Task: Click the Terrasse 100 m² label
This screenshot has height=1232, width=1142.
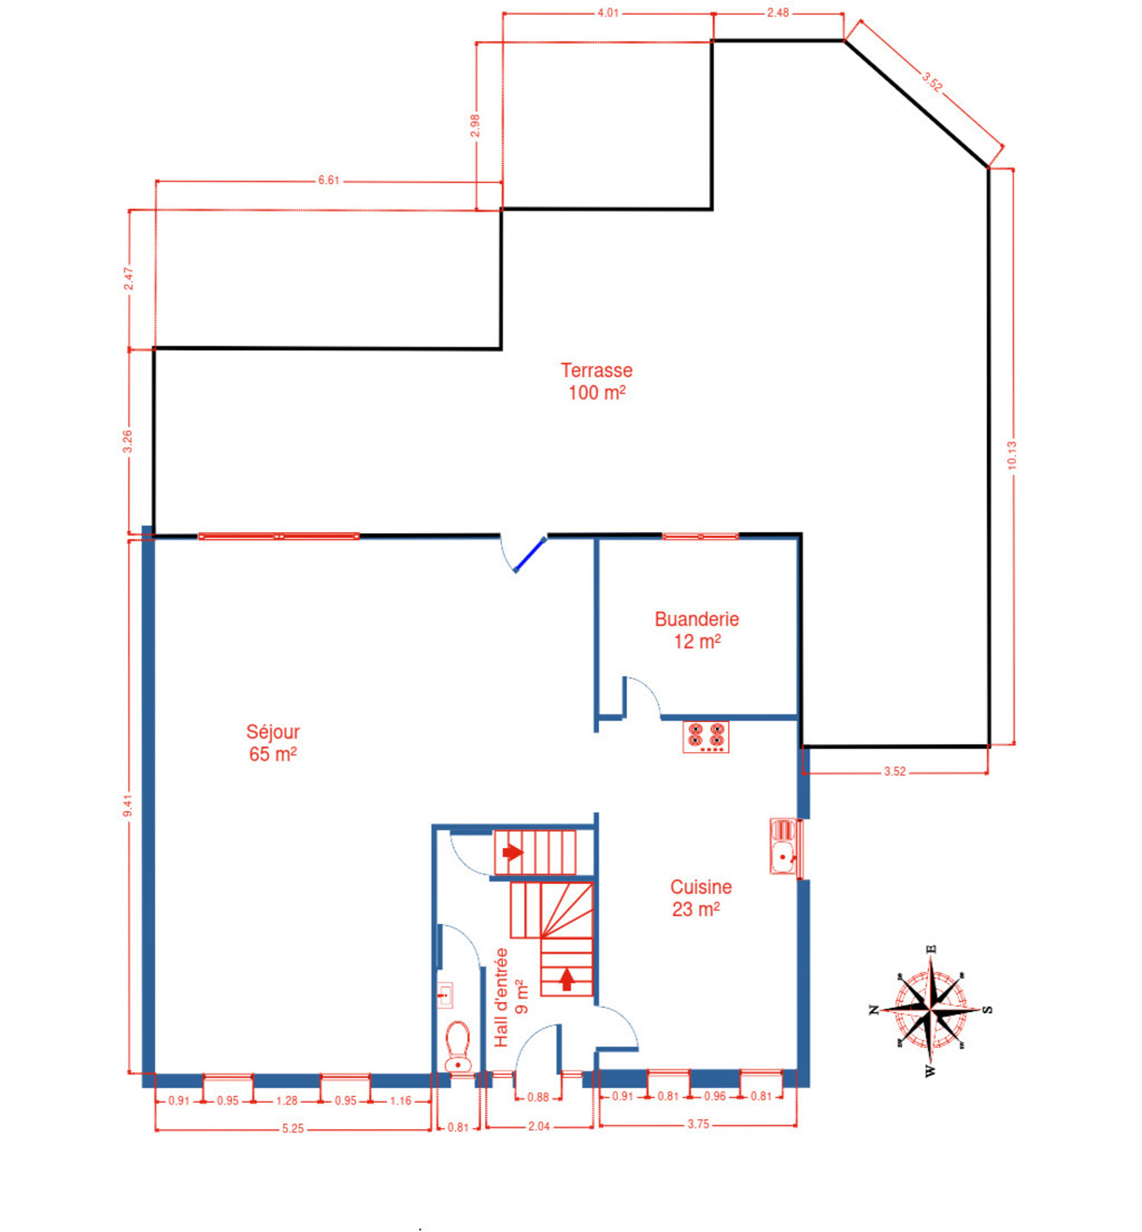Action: [596, 382]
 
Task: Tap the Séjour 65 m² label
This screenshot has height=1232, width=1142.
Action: [273, 743]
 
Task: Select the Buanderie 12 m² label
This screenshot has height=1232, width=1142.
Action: [696, 630]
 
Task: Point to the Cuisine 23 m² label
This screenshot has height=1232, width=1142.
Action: [701, 897]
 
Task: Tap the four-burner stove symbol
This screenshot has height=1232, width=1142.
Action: [705, 737]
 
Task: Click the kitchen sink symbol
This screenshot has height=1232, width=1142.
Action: [784, 846]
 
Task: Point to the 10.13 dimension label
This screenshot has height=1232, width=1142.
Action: [1012, 454]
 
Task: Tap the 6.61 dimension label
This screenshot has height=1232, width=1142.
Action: [328, 181]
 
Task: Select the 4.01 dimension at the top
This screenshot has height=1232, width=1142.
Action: [608, 13]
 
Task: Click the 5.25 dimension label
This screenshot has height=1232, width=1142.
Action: [293, 1128]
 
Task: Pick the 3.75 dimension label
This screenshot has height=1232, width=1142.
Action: [698, 1124]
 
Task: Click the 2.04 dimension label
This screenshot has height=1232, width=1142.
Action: [538, 1126]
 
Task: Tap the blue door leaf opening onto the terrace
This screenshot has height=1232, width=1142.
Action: [530, 554]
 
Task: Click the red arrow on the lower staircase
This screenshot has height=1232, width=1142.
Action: [566, 980]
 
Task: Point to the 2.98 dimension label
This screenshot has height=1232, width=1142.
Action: [475, 125]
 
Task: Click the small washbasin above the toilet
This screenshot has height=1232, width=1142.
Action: [445, 994]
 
